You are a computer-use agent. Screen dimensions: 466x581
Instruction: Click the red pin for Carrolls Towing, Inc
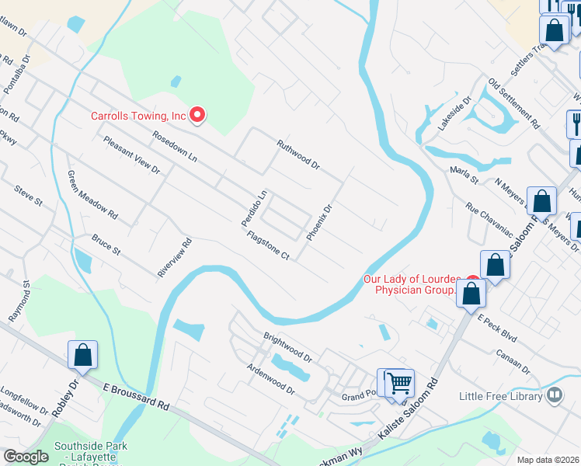[197, 116]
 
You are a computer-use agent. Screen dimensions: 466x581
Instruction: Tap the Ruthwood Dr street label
[298, 154]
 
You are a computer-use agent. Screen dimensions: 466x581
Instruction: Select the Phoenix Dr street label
[319, 222]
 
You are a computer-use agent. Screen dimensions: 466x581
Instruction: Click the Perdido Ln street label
[253, 208]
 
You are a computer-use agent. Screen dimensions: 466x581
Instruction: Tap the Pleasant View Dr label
[131, 154]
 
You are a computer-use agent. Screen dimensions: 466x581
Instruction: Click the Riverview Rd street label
[174, 258]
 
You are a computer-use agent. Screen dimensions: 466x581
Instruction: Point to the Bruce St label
[106, 245]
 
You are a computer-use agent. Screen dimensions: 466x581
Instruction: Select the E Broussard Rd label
[136, 395]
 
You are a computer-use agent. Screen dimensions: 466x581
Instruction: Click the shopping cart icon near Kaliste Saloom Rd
[399, 382]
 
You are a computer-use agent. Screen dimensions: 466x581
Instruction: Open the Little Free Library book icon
[555, 396]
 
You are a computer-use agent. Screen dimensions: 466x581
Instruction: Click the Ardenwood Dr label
[270, 377]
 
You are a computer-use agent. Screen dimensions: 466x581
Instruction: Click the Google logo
[26, 457]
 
